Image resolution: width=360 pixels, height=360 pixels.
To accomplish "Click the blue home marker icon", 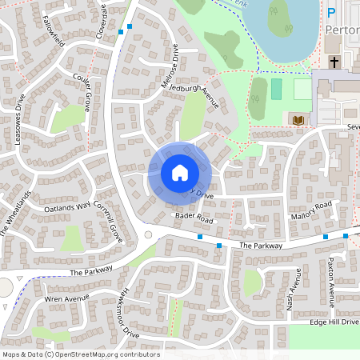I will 180,172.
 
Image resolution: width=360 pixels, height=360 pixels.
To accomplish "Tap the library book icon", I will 298,120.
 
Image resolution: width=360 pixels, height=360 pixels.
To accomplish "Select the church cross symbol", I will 334,62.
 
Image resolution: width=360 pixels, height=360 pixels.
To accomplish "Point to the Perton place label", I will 342,30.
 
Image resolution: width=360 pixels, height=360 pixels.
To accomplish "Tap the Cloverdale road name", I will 101,18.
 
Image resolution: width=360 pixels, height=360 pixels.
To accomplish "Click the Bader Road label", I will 194,218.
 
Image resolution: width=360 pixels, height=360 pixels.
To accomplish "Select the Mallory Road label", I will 311,210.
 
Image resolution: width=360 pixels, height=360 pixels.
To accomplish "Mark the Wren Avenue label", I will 66,299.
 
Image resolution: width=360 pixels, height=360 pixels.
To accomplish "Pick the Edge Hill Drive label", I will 334,322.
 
